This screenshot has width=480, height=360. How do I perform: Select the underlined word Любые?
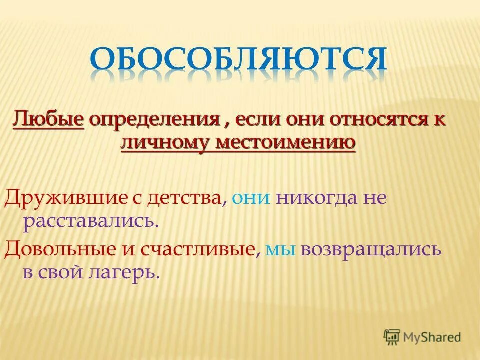(x=48, y=120)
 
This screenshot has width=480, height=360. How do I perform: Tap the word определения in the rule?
(x=153, y=120)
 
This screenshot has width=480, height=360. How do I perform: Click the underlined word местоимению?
(x=286, y=142)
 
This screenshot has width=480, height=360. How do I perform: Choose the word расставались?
(x=90, y=220)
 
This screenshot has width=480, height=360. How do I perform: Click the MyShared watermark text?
(x=433, y=337)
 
